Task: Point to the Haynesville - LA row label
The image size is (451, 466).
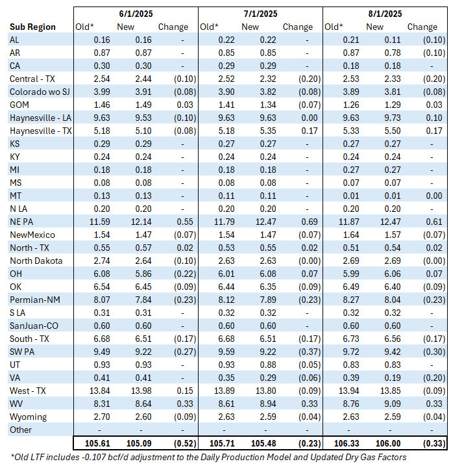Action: (40, 117)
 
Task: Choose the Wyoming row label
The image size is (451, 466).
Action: (27, 416)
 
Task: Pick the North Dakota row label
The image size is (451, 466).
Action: (36, 260)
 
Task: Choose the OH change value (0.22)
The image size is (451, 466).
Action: (177, 273)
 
